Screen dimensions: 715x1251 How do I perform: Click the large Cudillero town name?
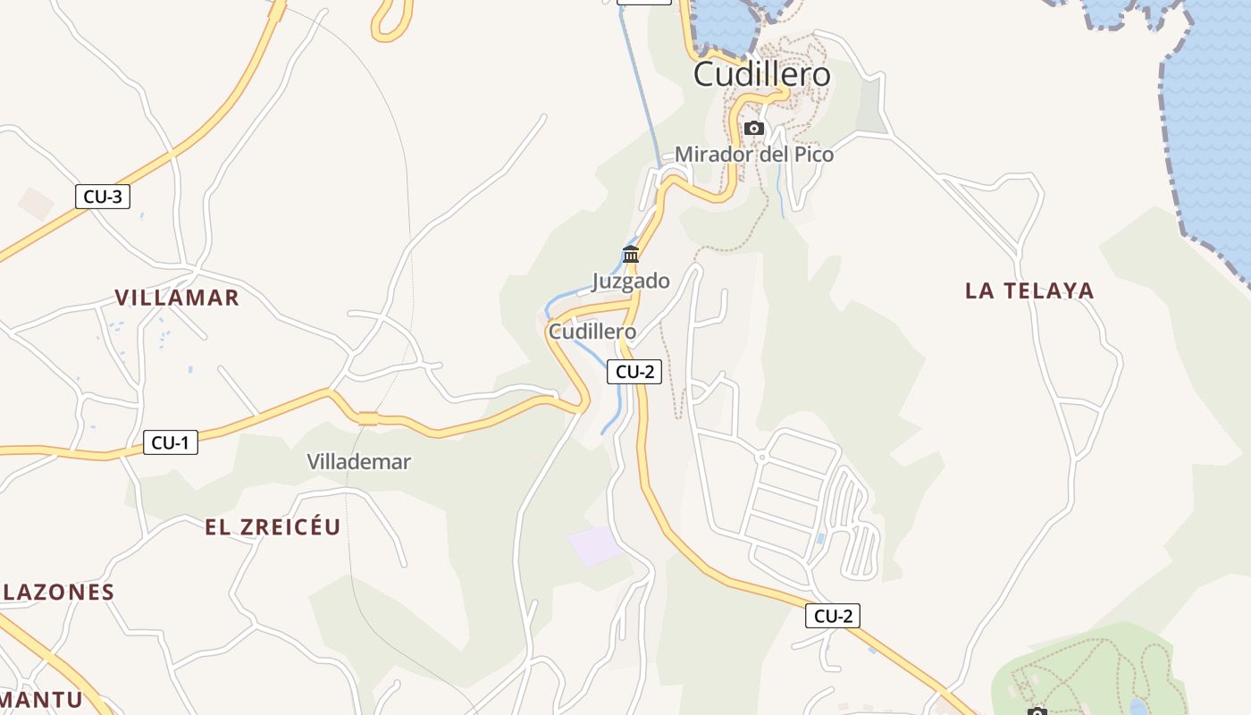tap(762, 74)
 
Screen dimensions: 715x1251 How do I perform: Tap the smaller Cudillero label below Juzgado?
tap(592, 332)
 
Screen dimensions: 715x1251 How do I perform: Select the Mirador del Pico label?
tap(753, 155)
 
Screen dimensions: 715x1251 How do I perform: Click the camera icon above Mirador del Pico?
tap(754, 129)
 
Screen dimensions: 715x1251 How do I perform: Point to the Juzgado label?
tap(630, 281)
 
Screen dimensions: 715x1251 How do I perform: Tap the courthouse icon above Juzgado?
tap(631, 255)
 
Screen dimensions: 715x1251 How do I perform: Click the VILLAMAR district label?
tap(177, 298)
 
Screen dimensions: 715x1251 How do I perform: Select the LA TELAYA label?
tap(1029, 290)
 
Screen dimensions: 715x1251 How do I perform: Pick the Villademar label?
tap(358, 462)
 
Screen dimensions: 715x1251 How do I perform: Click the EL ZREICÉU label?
tap(273, 527)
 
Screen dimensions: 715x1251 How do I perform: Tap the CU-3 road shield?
tap(103, 197)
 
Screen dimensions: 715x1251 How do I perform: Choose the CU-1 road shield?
tap(170, 442)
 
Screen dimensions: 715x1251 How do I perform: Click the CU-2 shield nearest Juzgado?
tap(634, 372)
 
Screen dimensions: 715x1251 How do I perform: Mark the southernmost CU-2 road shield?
tap(832, 616)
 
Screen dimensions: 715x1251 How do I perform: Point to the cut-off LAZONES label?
tap(58, 592)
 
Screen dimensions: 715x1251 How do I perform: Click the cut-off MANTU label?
tap(41, 700)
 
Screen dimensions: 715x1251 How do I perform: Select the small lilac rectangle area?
tap(594, 545)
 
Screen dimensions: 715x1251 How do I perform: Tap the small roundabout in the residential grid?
tap(761, 457)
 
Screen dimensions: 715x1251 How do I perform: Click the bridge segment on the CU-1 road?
tap(367, 417)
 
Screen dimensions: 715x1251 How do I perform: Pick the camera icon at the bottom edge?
tap(1037, 711)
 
